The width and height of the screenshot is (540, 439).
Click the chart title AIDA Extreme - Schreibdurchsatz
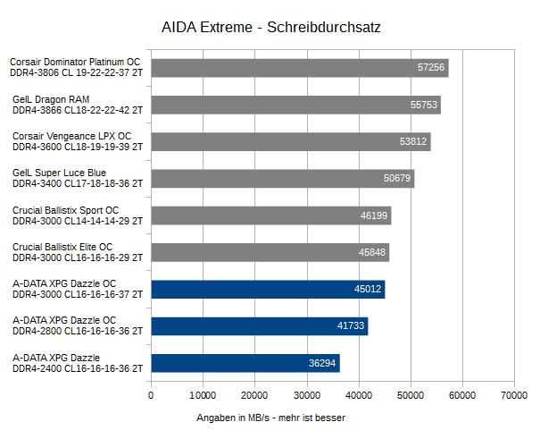click(271, 28)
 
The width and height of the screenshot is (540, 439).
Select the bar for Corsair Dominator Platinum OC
click(299, 68)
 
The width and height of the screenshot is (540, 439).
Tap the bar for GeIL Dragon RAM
click(295, 105)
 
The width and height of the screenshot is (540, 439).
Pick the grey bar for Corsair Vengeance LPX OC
click(291, 141)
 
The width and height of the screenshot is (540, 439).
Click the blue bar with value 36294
click(245, 363)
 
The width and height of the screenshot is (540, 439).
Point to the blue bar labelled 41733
click(259, 326)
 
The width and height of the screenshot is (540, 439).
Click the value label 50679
click(397, 179)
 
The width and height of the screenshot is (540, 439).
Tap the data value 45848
click(372, 253)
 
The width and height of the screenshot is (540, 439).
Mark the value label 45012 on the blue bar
click(368, 290)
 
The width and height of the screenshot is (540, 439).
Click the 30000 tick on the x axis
click(306, 394)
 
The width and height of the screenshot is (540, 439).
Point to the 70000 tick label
click(513, 394)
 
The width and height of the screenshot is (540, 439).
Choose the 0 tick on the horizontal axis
click(151, 394)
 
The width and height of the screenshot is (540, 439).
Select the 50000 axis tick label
click(410, 394)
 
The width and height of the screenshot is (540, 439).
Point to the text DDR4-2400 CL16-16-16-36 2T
click(78, 368)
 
